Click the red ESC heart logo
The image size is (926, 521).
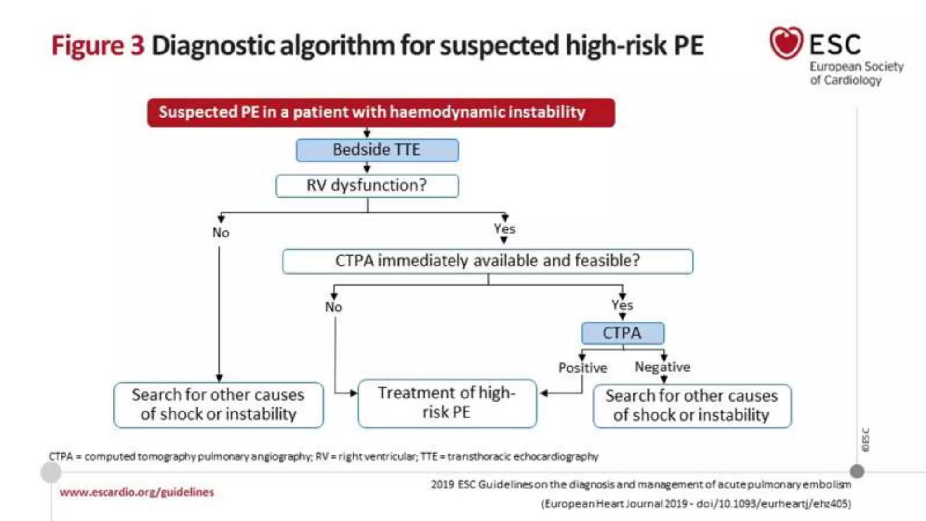pyautogui.click(x=786, y=43)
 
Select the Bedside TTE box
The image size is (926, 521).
pyautogui.click(x=377, y=150)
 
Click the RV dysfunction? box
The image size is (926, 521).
pyautogui.click(x=367, y=186)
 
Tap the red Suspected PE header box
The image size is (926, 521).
pyautogui.click(x=381, y=112)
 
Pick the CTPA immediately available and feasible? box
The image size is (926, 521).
pyautogui.click(x=487, y=261)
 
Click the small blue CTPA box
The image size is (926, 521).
pyautogui.click(x=622, y=333)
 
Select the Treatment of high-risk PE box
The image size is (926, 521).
pyautogui.click(x=447, y=403)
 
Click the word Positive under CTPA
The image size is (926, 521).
pyautogui.click(x=582, y=368)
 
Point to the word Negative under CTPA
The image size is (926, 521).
pyautogui.click(x=662, y=367)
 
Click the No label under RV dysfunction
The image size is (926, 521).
pyautogui.click(x=221, y=232)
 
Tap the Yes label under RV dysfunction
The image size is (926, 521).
pyautogui.click(x=504, y=229)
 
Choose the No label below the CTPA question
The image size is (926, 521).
pyautogui.click(x=334, y=307)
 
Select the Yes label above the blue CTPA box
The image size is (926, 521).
pyautogui.click(x=622, y=305)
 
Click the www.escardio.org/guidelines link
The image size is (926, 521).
pyautogui.click(x=137, y=492)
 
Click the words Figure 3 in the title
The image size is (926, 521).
pyautogui.click(x=98, y=46)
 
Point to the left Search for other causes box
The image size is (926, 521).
pyautogui.click(x=218, y=405)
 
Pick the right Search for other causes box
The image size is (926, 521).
pyautogui.click(x=692, y=406)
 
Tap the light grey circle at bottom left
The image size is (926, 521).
pyautogui.click(x=51, y=473)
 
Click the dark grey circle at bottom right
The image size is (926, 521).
pyautogui.click(x=856, y=471)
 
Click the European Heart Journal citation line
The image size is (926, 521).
pyautogui.click(x=696, y=504)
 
